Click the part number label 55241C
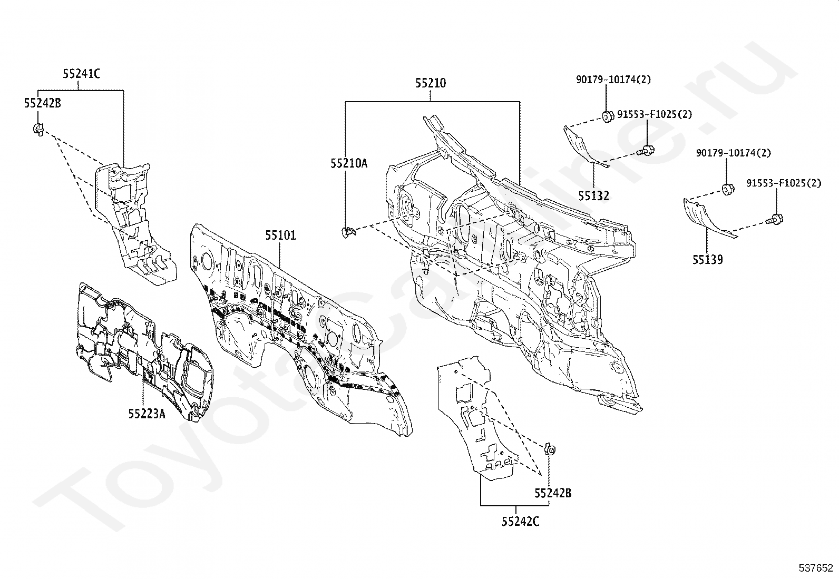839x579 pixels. (x=81, y=74)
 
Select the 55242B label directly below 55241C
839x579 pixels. (x=42, y=103)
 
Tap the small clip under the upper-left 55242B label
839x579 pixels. (x=38, y=129)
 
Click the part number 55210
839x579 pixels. (x=431, y=83)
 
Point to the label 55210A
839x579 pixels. (x=349, y=163)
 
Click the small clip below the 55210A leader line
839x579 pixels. (x=348, y=232)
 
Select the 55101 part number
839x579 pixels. (x=280, y=235)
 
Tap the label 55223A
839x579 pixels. (x=147, y=414)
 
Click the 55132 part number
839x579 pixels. (x=593, y=195)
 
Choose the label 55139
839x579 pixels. (x=708, y=259)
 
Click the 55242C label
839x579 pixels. (x=520, y=522)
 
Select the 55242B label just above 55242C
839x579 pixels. (x=553, y=493)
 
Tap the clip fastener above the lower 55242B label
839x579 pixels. (x=550, y=449)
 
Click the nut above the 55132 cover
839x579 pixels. (x=608, y=116)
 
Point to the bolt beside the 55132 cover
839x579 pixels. (x=646, y=151)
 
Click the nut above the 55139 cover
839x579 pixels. (x=728, y=190)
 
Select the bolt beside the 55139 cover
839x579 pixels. (x=775, y=219)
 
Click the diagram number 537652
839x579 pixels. (x=815, y=568)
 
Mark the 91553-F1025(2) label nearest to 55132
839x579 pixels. (x=655, y=114)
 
